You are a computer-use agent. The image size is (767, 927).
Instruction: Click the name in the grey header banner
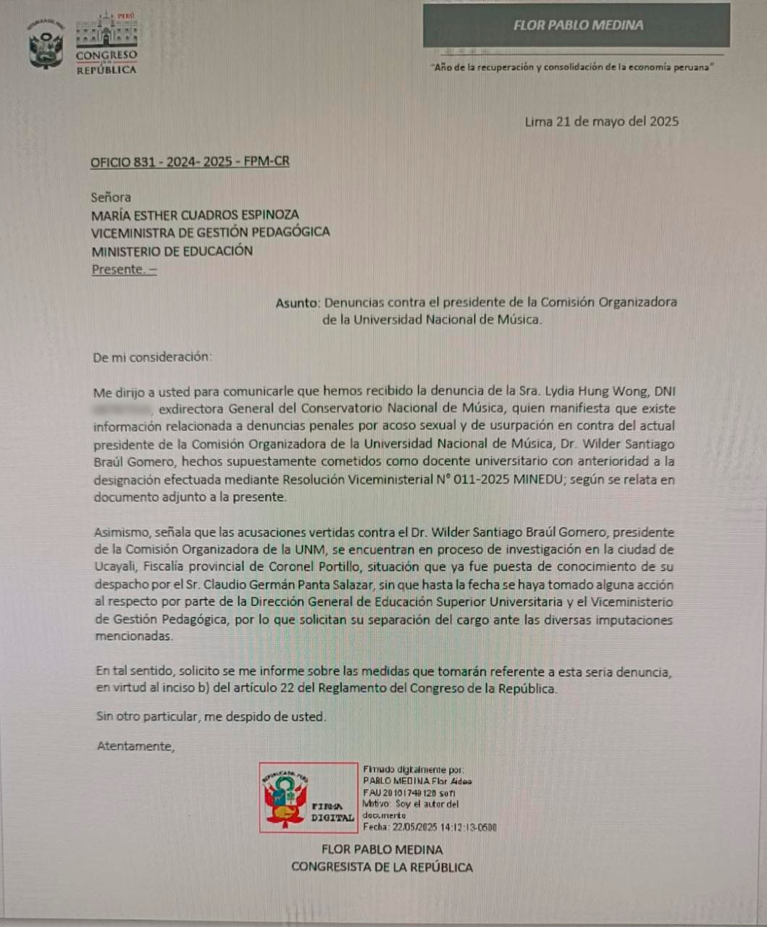click(577, 25)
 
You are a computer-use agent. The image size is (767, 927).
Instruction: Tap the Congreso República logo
click(106, 43)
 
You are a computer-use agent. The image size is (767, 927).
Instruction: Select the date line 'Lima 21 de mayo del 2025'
click(601, 122)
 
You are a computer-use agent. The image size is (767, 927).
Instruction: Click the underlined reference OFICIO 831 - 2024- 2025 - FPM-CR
click(190, 162)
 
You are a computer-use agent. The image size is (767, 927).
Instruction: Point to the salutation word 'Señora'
click(111, 197)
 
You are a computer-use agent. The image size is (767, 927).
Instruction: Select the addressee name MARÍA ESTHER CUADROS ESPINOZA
click(195, 215)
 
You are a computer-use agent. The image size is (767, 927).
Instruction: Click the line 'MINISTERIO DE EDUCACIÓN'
click(172, 251)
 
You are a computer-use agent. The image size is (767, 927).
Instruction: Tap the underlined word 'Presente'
click(118, 269)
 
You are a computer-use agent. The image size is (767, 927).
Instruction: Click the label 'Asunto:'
click(297, 303)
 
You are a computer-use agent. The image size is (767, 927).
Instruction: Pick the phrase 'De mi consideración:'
click(153, 357)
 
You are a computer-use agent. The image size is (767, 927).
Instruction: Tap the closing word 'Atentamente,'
click(136, 747)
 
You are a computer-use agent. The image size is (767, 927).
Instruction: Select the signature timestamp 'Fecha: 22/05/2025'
click(429, 827)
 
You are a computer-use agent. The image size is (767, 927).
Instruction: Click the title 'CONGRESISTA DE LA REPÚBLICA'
click(382, 868)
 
